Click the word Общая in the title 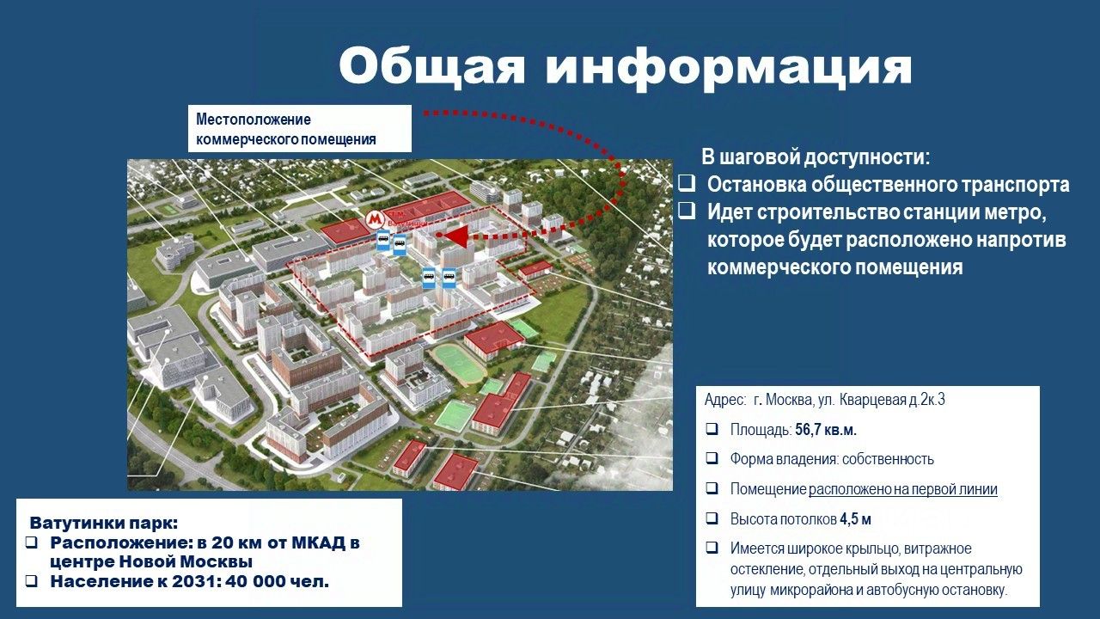tap(432, 67)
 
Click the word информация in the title tap(729, 69)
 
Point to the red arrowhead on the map tap(455, 236)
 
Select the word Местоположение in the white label tap(254, 120)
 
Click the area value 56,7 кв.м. tap(826, 431)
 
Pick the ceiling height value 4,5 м tap(855, 519)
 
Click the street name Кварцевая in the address tap(872, 400)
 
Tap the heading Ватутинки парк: tap(104, 524)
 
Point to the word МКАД tap(318, 543)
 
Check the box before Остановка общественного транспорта tap(687, 184)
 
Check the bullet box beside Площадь tap(712, 429)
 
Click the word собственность tap(888, 459)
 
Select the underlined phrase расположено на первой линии tap(903, 490)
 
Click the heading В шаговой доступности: tap(816, 157)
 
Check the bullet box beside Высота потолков tap(712, 518)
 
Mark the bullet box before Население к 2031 tap(32, 582)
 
